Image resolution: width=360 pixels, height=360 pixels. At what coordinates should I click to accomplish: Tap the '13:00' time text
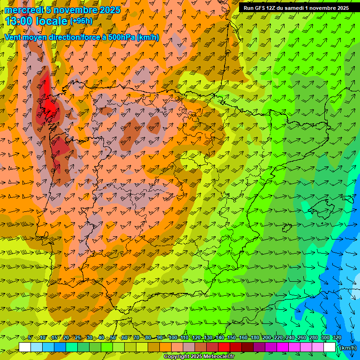point(18,22)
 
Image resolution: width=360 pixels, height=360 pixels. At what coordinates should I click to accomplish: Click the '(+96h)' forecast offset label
point(81,21)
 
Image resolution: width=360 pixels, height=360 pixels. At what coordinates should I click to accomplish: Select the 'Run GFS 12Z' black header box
point(296,8)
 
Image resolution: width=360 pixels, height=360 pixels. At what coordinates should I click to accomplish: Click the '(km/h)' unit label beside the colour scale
point(347,347)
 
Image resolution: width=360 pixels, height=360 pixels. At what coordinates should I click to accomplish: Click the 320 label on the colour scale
point(337,338)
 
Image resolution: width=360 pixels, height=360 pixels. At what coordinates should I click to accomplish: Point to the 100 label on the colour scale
point(172,338)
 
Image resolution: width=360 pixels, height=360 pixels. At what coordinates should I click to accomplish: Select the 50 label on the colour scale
point(113,338)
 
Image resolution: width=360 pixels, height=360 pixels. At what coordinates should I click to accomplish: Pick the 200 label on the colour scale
point(267,338)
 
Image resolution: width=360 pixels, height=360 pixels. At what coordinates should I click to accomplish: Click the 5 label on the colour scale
point(30,338)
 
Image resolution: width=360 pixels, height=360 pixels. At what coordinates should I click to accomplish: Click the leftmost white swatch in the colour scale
point(25,347)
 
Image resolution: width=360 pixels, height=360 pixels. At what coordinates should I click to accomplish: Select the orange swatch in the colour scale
point(165,347)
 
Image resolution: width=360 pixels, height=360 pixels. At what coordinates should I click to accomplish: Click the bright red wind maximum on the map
point(48,101)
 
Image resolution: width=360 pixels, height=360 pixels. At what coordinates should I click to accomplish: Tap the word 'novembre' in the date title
point(70,10)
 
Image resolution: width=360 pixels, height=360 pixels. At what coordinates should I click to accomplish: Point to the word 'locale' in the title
point(51,22)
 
